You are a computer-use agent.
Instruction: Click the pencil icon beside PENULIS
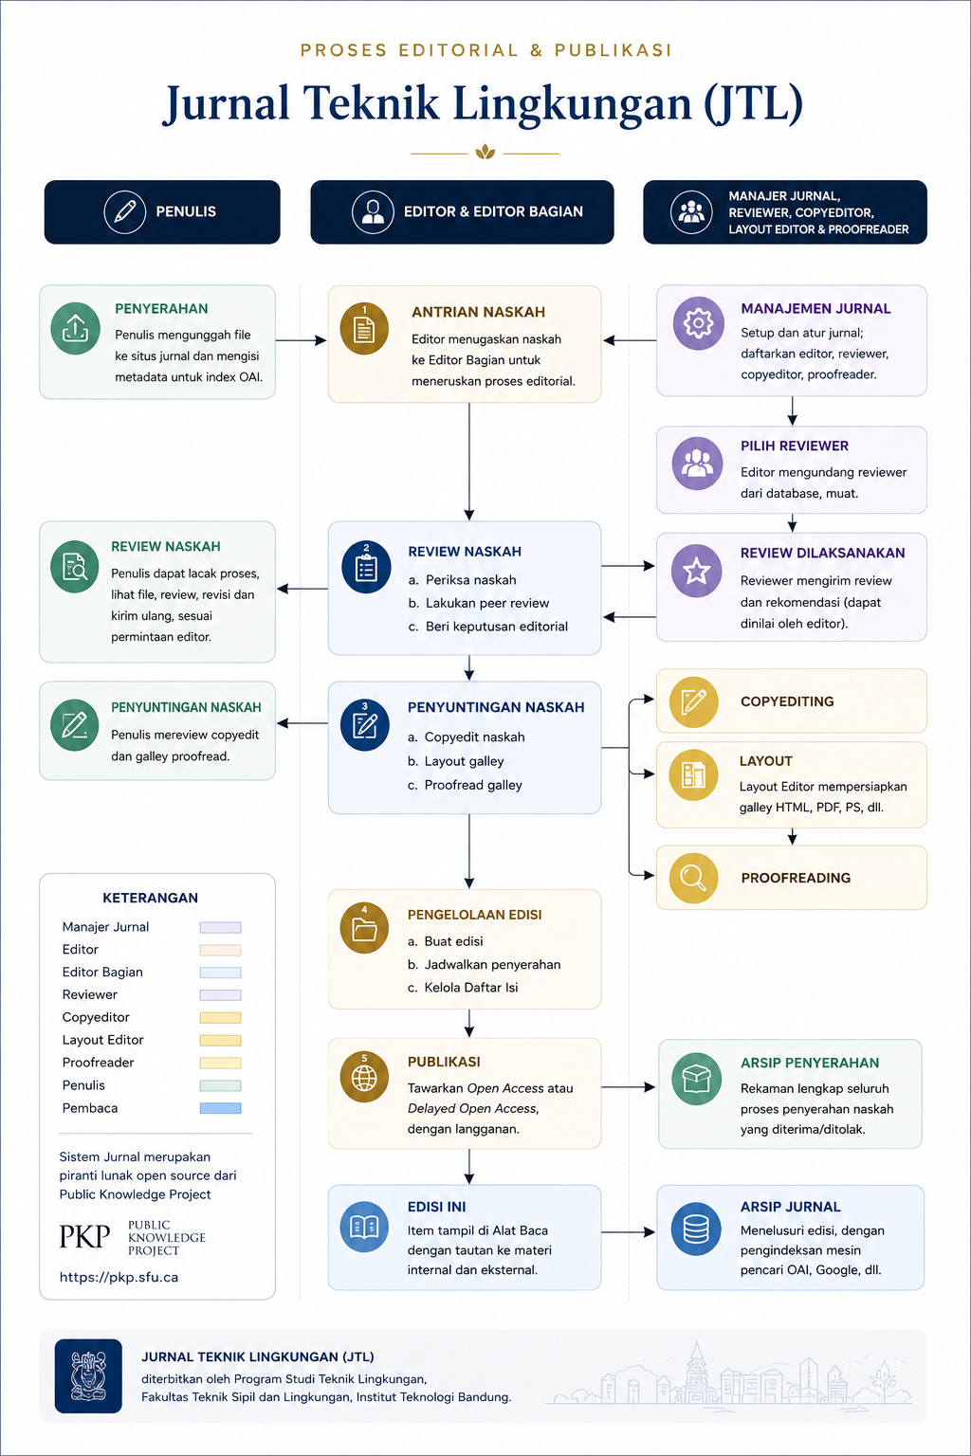tap(125, 212)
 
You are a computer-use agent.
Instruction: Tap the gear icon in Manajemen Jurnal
tap(698, 323)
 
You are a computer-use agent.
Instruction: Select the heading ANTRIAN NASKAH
tap(478, 312)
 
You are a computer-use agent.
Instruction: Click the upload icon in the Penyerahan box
tap(76, 328)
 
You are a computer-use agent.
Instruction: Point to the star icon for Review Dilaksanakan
tap(697, 572)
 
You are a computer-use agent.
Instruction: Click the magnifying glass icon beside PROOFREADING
tap(693, 878)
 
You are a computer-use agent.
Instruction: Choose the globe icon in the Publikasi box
tap(364, 1077)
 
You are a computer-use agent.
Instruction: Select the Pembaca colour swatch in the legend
tap(221, 1108)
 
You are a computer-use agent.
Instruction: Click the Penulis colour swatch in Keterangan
tap(221, 1085)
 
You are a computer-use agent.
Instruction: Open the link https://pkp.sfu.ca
tap(119, 1277)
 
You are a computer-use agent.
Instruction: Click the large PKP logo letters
tap(84, 1236)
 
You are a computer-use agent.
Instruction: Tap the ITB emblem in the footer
tap(88, 1376)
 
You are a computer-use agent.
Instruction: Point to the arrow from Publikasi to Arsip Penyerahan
tap(628, 1087)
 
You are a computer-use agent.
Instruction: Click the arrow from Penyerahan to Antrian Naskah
tap(301, 340)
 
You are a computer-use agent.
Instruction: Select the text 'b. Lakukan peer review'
tap(479, 603)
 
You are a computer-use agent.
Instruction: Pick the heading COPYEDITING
tap(787, 701)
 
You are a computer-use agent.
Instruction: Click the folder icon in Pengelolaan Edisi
tap(364, 928)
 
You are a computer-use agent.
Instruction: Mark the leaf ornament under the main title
tap(485, 153)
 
